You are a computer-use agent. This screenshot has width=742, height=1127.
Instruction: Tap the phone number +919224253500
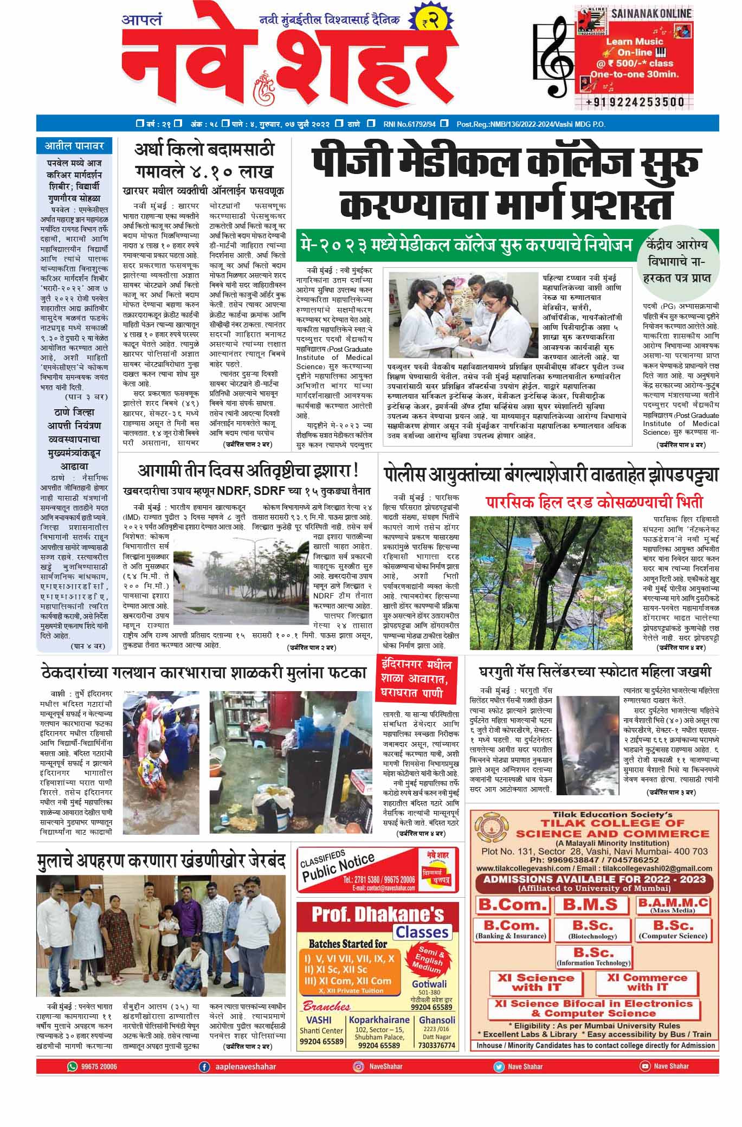pos(635,101)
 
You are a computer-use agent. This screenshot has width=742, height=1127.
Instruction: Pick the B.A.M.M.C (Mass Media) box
pos(673,905)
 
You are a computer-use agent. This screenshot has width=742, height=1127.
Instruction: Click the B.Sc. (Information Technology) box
pos(594,956)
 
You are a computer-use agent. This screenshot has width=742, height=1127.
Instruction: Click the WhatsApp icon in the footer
pos(72,1066)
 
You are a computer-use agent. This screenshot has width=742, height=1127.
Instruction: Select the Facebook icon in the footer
pos(204,1066)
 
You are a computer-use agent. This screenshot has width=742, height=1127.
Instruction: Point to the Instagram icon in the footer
pos(358,1066)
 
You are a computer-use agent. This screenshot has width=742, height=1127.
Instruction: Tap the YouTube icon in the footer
pos(644,1066)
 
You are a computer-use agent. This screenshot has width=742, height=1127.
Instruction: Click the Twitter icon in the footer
pos(498,1066)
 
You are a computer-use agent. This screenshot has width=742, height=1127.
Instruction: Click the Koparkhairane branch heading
pos(379,1020)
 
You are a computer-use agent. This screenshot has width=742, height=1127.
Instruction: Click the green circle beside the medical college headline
pos(676,260)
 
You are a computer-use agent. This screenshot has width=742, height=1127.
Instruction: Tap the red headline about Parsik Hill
pos(594,500)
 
